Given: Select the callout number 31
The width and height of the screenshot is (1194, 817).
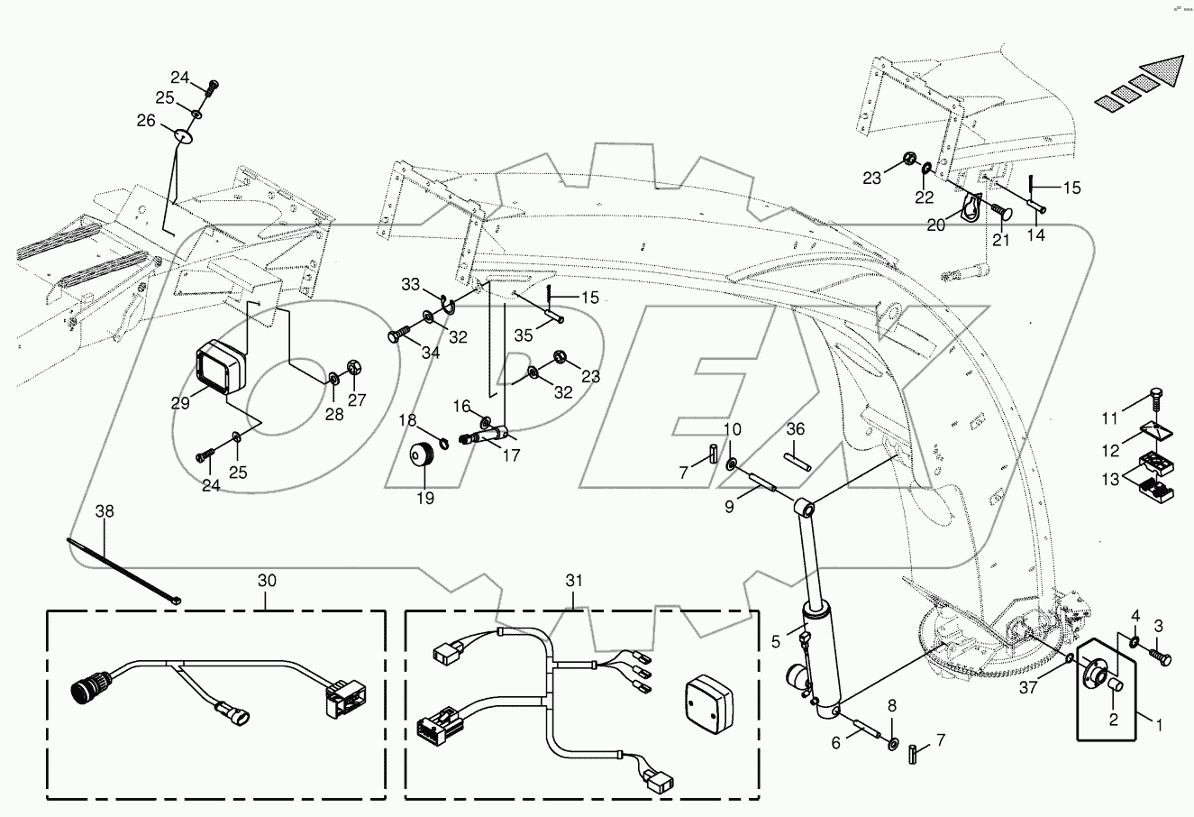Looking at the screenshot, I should point(575,582).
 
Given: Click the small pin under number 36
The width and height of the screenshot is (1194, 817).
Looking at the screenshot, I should point(794,456).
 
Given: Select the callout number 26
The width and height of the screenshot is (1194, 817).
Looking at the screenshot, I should point(146,120).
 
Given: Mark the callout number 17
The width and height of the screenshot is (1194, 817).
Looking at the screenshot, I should point(512,456).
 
